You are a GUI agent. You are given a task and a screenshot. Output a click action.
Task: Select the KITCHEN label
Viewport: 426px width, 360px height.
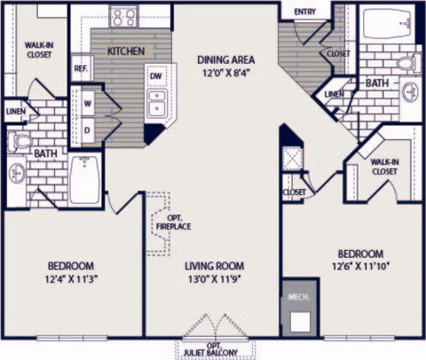[126, 51]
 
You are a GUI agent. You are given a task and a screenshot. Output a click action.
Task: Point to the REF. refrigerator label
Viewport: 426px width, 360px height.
[81, 68]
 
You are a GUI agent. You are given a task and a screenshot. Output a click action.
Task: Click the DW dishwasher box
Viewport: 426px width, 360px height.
[154, 77]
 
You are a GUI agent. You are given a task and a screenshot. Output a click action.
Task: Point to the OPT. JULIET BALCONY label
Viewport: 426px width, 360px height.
[213, 348]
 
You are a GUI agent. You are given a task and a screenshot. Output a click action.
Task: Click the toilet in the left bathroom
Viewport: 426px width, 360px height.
[20, 140]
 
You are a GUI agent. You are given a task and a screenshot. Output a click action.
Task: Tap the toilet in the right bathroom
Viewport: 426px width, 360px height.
[407, 63]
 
